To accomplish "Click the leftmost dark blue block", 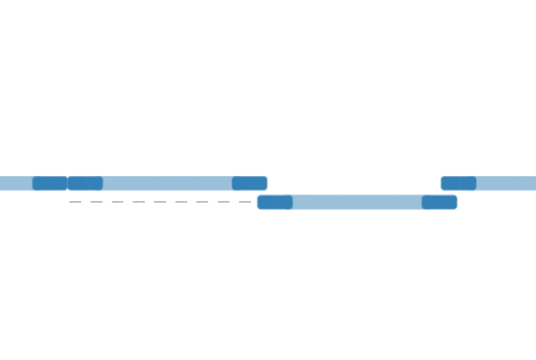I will [50, 183].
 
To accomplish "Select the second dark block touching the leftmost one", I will [85, 183].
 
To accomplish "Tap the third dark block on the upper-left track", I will [249, 183].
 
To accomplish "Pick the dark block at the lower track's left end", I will [274, 202].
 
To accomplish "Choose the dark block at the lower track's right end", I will [439, 202].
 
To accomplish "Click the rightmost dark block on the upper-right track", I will [458, 183].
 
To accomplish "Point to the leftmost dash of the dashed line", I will [75, 202].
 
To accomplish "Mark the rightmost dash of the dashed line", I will [245, 202].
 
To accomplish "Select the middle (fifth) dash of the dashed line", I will [160, 202].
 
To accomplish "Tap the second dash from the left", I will [96, 202].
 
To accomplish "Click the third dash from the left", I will [117, 202].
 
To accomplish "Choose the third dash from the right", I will [203, 202].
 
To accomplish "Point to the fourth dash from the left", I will [138, 202].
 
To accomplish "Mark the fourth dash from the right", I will [181, 202].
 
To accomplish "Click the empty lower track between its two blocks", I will [357, 202].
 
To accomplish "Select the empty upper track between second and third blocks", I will [167, 183].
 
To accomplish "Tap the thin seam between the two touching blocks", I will [68, 183].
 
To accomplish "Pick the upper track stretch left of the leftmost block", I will [15, 183].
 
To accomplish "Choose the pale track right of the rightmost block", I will [507, 183].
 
